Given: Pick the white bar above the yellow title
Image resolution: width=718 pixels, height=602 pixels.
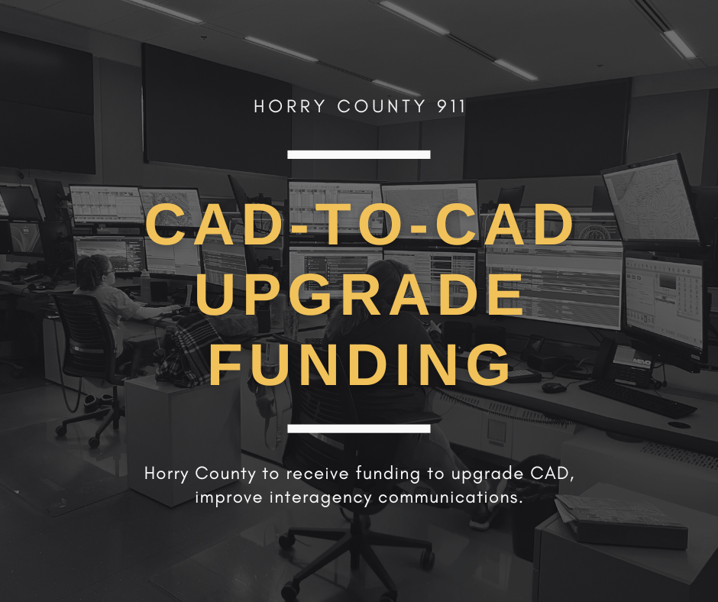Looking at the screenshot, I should [358, 154].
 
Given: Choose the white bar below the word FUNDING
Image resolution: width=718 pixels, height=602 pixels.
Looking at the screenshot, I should [358, 429].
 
